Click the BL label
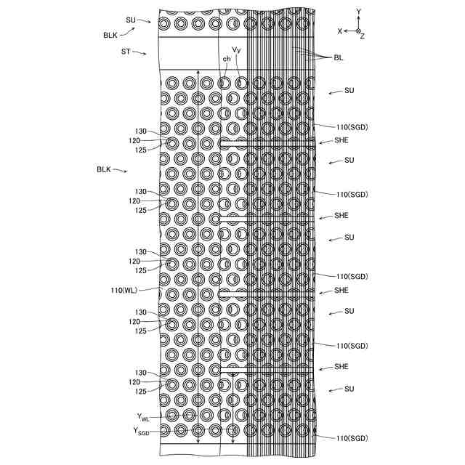point(339,57)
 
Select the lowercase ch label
point(227,59)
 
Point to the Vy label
point(236,50)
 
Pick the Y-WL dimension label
point(143,417)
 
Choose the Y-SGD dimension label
point(142,430)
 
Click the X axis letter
point(339,32)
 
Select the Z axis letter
point(363,36)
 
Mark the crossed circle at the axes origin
point(358,31)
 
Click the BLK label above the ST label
point(110,34)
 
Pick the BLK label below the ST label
point(104,169)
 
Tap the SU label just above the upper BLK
point(131,20)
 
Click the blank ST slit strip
point(189,53)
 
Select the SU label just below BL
point(349,91)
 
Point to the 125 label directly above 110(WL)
point(141,270)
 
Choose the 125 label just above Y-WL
point(141,392)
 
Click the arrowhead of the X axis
point(346,31)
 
